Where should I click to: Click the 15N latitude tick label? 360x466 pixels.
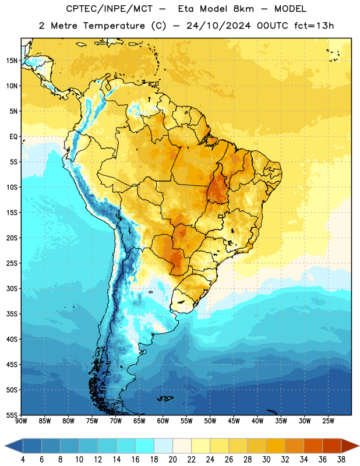tap(12, 61)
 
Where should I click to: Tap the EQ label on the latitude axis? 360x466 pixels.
tap(13, 137)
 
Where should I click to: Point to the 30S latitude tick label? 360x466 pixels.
tap(12, 288)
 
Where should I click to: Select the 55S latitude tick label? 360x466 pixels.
tap(12, 415)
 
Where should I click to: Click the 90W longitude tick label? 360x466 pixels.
tap(21, 421)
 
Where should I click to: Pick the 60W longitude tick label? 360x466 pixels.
tap(163, 421)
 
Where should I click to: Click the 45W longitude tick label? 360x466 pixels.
tap(234, 421)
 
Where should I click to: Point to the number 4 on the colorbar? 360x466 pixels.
tap(23, 460)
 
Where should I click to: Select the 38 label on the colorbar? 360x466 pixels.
tap(341, 460)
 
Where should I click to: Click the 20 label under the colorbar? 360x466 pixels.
tap(172, 460)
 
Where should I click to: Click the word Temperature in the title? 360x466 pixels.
tap(114, 26)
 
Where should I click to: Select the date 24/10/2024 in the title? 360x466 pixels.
tap(218, 26)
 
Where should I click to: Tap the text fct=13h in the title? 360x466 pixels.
tap(314, 26)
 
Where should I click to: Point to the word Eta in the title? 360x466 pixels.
tap(186, 9)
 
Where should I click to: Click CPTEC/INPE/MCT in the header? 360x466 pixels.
tap(110, 9)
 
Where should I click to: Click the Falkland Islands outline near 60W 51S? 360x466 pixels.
tap(165, 398)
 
